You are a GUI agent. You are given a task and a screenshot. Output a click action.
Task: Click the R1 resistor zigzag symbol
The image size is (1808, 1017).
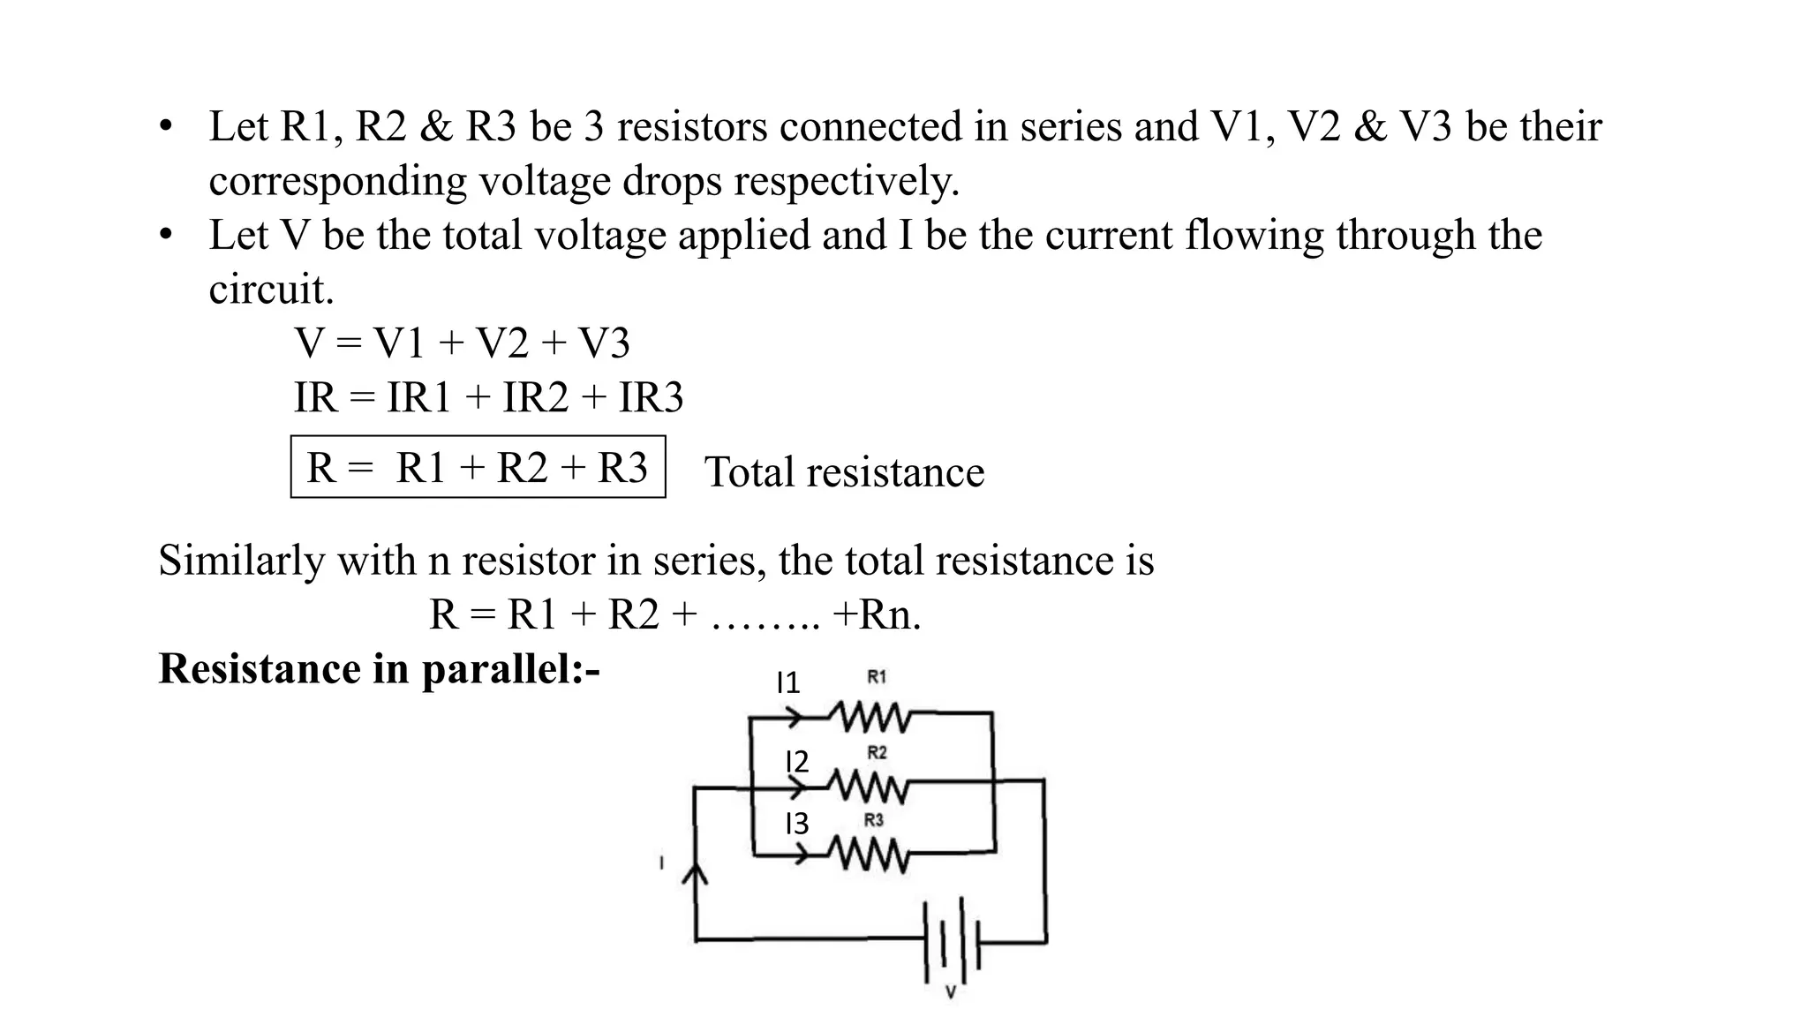[x=870, y=717]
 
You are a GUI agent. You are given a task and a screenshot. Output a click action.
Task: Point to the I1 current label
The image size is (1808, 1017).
[x=787, y=682]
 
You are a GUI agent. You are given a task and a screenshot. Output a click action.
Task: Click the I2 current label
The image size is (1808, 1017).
[x=797, y=761]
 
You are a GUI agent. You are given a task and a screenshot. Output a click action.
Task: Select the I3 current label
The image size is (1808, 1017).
[x=796, y=824]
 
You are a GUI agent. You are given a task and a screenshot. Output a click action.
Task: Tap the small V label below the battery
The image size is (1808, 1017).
[x=951, y=993]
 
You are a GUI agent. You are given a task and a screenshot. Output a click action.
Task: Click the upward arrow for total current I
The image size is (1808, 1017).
[x=696, y=873]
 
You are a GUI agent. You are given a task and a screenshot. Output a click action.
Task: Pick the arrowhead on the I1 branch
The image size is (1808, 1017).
[x=794, y=717]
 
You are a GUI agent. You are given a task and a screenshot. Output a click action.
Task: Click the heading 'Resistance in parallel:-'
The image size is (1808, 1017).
[x=380, y=668]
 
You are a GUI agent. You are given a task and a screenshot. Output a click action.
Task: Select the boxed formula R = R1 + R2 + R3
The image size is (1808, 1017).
[x=478, y=467]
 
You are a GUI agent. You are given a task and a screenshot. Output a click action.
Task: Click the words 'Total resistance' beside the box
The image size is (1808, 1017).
[x=844, y=472]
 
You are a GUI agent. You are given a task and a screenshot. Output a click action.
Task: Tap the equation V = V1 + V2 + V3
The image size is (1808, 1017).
[x=463, y=343]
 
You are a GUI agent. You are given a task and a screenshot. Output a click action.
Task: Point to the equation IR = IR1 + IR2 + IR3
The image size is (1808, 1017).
[x=489, y=398]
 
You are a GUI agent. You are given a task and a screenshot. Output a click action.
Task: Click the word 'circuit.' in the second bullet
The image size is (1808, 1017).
[x=272, y=290]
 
